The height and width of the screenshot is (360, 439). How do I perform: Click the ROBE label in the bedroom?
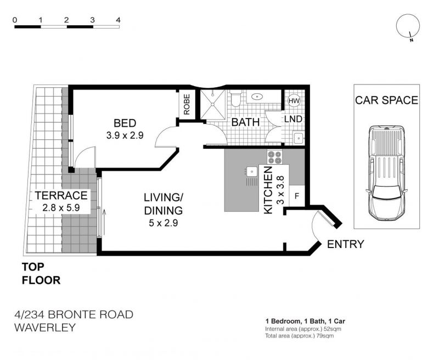click(187, 104)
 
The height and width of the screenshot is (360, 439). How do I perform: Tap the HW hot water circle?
click(294, 101)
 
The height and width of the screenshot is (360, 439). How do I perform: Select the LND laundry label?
click(293, 119)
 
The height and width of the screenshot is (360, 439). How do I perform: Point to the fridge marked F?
click(297, 196)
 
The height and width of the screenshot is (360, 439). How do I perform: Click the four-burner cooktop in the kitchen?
click(274, 157)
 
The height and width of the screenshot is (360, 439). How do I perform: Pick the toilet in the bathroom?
click(236, 99)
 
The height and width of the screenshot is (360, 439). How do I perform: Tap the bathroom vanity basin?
click(257, 97)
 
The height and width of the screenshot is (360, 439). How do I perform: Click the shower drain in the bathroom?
click(213, 104)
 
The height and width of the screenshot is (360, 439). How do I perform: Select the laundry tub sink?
click(299, 138)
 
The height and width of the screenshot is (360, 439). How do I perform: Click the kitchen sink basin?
click(252, 171)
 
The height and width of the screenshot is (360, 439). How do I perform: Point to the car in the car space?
click(387, 173)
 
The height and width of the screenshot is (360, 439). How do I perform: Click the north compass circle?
click(408, 25)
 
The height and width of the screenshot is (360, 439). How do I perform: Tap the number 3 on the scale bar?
click(92, 20)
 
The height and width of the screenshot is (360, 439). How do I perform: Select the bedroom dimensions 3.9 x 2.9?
click(125, 136)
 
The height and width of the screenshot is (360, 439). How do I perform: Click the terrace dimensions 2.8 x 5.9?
click(61, 208)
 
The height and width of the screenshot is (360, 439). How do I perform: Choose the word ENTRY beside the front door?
click(346, 244)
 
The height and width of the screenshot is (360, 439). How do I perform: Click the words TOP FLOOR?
click(41, 273)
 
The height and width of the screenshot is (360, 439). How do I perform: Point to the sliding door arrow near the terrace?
click(104, 222)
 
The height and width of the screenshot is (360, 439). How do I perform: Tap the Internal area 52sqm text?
click(303, 329)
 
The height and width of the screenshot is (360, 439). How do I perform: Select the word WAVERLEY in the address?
click(45, 327)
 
